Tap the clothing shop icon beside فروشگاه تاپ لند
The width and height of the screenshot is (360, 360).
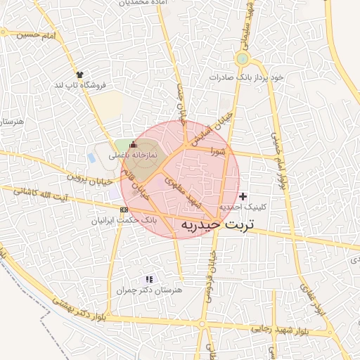(79, 74)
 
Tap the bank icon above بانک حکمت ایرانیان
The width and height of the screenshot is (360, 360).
(124, 210)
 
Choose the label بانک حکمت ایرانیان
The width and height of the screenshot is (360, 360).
(122, 220)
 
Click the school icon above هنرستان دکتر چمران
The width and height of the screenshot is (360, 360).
(148, 279)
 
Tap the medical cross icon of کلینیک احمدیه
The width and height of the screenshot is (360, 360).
(243, 196)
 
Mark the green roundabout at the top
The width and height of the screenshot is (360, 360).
(243, 58)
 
